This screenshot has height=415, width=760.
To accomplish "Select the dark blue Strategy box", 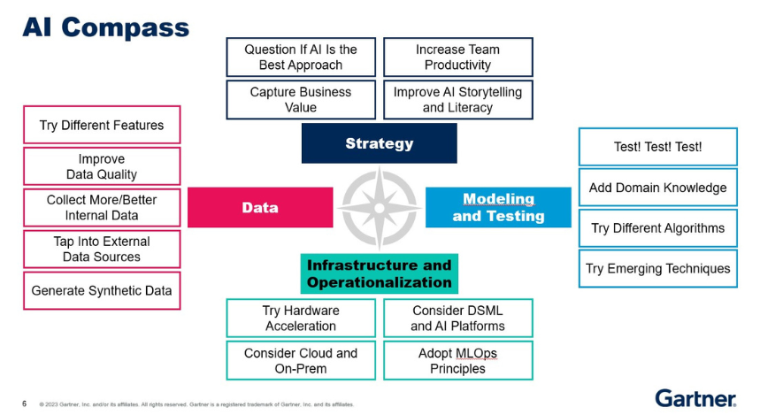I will [x=379, y=143].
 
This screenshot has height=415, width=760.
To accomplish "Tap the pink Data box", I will [x=260, y=207].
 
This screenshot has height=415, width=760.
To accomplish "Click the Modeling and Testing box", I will [x=498, y=207].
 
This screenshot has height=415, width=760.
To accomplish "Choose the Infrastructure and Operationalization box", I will [x=379, y=273].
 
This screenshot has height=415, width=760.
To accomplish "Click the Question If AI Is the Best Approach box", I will [x=301, y=58].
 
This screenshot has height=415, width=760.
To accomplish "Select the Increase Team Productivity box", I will [x=457, y=58].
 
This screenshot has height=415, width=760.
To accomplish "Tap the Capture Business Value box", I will [x=301, y=99].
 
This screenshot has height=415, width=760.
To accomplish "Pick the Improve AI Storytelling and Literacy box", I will [x=457, y=99].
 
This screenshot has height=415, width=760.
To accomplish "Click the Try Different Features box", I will [x=102, y=126].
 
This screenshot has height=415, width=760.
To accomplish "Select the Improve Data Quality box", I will [x=102, y=166].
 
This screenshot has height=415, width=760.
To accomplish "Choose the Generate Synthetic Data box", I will [x=102, y=290].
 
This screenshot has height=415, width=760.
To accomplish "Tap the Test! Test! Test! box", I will [x=657, y=147].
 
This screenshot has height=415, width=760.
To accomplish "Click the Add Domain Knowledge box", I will [x=657, y=188].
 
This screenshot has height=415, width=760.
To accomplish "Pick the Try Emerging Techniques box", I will [x=657, y=268].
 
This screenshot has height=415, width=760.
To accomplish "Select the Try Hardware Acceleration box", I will [x=301, y=318].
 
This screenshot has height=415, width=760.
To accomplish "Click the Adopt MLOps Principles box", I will [x=457, y=360].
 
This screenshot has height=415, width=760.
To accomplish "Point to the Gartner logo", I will [x=695, y=397].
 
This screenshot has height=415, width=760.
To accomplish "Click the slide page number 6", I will [x=24, y=403].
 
